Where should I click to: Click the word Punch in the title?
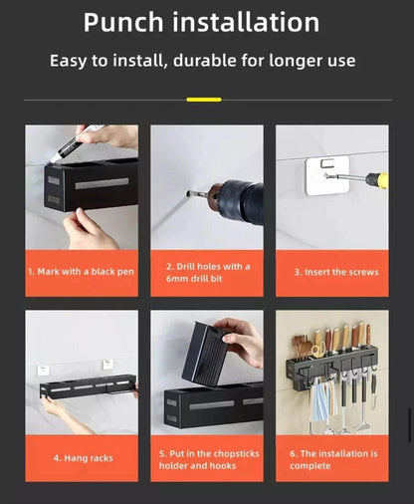(x=123, y=23)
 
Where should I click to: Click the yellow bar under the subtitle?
(x=204, y=100)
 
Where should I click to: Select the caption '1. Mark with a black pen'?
(x=81, y=272)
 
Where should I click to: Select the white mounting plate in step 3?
(x=327, y=175)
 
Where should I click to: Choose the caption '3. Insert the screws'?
(x=336, y=272)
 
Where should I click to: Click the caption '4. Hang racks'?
(x=84, y=458)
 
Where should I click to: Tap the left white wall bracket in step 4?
(x=43, y=371)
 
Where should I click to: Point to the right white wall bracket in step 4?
(x=107, y=365)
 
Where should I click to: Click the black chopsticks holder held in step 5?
(x=204, y=356)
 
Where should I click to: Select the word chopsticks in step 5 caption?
(x=236, y=454)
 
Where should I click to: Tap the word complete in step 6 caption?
(x=310, y=466)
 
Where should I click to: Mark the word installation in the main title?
(x=246, y=23)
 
